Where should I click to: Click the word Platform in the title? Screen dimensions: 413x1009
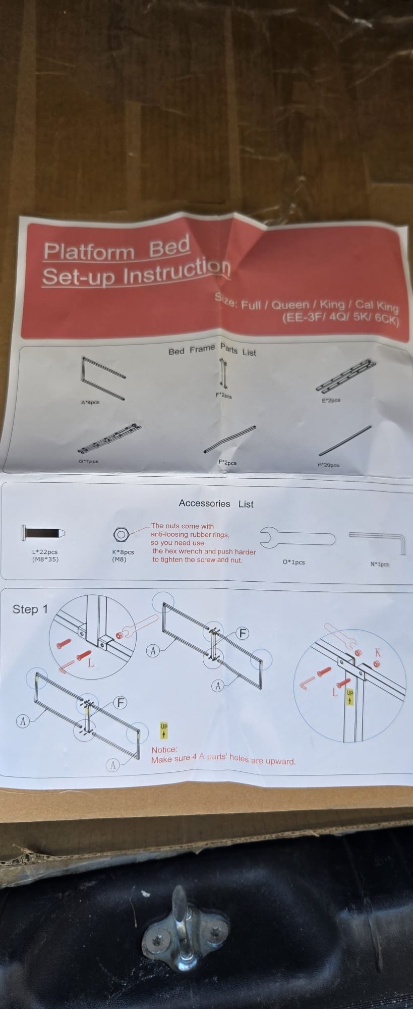[89, 251]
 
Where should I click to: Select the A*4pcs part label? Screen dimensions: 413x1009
[90, 403]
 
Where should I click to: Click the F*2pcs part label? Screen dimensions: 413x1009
[223, 396]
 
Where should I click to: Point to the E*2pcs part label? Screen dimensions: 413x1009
[331, 400]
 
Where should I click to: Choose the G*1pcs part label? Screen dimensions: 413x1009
[88, 461]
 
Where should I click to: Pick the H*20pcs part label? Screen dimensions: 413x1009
[328, 465]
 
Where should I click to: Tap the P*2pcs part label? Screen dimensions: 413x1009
[227, 462]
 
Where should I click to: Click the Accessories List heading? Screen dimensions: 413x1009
[216, 503]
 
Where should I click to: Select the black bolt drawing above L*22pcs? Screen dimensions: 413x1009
[43, 533]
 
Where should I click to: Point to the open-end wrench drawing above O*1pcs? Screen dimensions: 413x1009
[298, 537]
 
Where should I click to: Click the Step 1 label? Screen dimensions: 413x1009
[30, 609]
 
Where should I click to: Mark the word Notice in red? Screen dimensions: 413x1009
[164, 750]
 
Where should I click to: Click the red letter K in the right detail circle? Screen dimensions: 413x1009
[378, 653]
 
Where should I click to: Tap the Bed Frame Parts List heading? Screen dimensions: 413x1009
[212, 349]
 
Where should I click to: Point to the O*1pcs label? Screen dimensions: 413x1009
[294, 562]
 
